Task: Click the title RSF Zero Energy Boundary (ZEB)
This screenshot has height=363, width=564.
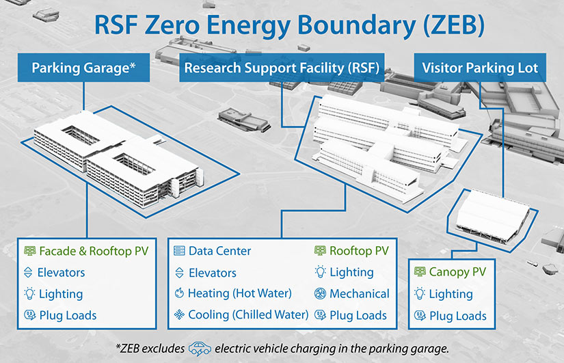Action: [x=281, y=27]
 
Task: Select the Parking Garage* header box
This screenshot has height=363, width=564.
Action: [x=83, y=68]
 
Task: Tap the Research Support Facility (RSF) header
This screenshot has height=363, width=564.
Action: [x=282, y=68]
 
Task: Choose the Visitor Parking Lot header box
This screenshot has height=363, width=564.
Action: [x=480, y=68]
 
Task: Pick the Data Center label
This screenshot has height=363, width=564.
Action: [x=219, y=251]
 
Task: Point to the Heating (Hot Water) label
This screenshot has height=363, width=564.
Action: [x=240, y=293]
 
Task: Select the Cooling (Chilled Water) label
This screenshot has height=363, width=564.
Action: [x=247, y=315]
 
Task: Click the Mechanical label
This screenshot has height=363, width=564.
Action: [x=359, y=293]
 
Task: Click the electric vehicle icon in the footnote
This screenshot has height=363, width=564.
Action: [x=199, y=347]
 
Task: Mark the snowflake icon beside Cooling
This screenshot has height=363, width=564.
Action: [x=179, y=315]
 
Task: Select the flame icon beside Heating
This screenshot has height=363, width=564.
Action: [x=179, y=293]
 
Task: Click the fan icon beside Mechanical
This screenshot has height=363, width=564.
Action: [x=319, y=293]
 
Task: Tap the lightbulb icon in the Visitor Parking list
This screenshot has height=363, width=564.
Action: [x=419, y=294]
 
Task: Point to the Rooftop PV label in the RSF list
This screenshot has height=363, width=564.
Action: [x=359, y=251]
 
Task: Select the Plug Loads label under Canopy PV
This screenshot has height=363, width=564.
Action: [x=457, y=316]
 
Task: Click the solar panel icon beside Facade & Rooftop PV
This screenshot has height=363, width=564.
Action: [x=29, y=251]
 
